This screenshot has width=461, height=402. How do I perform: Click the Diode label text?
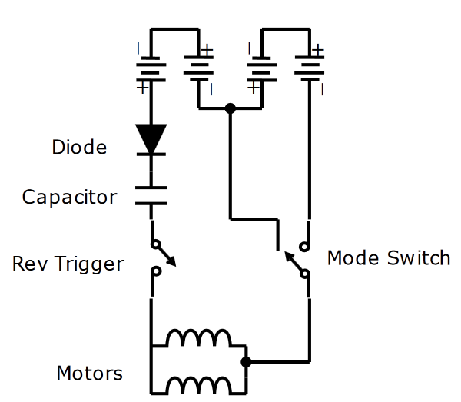click(x=79, y=147)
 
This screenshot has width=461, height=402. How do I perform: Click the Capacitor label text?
click(x=69, y=197)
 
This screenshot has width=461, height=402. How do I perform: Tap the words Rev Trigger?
click(x=68, y=264)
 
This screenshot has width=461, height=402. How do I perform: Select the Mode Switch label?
click(x=388, y=257)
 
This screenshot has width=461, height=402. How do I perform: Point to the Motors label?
click(x=89, y=374)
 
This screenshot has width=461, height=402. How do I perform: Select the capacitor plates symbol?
click(x=151, y=195)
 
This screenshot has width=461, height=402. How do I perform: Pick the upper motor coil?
click(x=198, y=338)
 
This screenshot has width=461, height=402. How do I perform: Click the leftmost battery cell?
click(x=151, y=71)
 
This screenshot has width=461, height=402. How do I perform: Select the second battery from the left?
click(x=198, y=71)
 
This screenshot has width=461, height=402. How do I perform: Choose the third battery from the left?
click(x=262, y=71)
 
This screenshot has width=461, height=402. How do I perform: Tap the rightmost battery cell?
click(x=310, y=71)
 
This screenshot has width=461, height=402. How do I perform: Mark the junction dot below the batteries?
click(x=230, y=108)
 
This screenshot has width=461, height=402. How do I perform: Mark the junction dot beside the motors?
click(x=246, y=361)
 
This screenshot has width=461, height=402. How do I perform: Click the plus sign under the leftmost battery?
click(x=141, y=88)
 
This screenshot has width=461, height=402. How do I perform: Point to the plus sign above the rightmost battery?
click(x=318, y=49)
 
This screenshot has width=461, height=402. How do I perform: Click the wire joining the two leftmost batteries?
click(x=174, y=30)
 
